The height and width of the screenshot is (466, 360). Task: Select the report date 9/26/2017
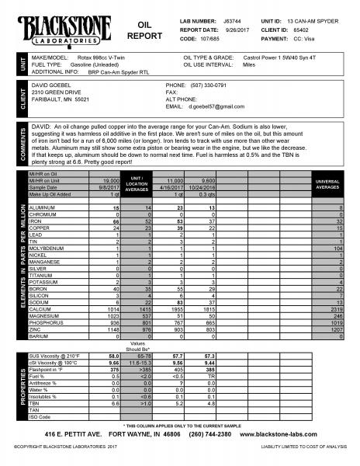(x=234, y=24)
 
